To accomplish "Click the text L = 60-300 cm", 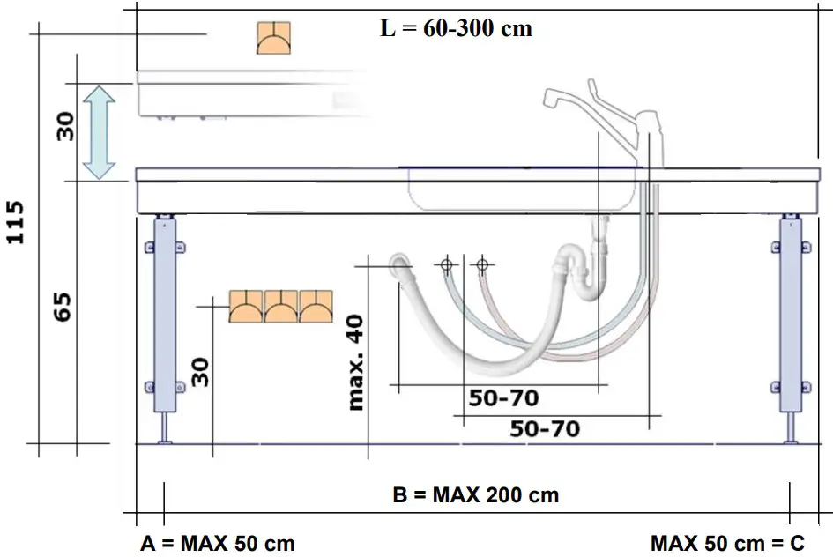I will (456, 28).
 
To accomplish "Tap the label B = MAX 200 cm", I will (475, 494).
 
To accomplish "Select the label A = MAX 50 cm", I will (218, 543).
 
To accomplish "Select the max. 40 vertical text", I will (356, 360).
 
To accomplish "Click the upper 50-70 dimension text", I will (503, 398).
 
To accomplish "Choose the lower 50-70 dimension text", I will (545, 429).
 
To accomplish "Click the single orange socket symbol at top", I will (273, 39).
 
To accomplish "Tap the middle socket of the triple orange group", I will (281, 307).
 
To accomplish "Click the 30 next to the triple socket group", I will (201, 371).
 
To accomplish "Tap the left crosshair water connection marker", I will (447, 264).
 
